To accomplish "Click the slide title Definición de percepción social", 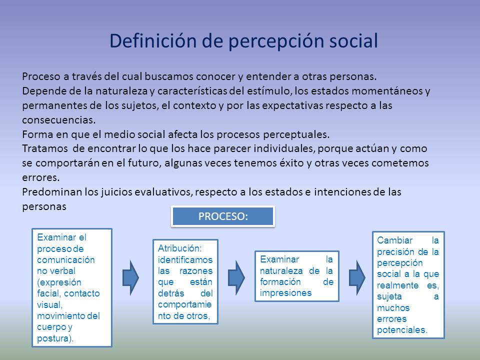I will [x=243, y=41].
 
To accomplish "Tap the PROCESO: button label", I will [x=223, y=216].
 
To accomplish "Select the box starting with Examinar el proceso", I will [x=72, y=287].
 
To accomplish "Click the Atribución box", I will [x=185, y=281].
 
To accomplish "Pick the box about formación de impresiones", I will [x=296, y=276].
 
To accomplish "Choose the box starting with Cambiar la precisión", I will [x=408, y=284].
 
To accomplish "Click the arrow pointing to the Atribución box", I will [x=131, y=276].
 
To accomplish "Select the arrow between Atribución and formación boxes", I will [x=236, y=276].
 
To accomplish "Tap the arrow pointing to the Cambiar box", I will [x=356, y=276].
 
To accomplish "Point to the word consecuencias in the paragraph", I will [x=58, y=120].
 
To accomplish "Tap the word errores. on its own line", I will [x=41, y=177].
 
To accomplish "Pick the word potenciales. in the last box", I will [x=402, y=330].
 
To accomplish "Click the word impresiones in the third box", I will [x=285, y=293].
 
